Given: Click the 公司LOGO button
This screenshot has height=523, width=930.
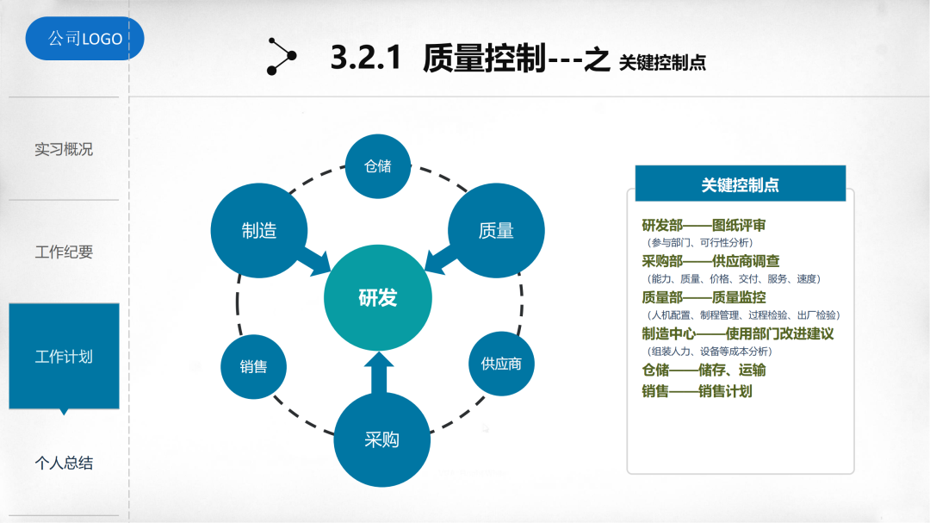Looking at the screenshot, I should click(x=84, y=39).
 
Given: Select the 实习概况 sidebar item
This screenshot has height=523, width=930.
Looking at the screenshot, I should click(x=64, y=149).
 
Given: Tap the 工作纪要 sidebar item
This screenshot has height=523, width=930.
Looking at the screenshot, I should click(x=64, y=252).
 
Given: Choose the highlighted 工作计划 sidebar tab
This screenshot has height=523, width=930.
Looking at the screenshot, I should click(x=64, y=356).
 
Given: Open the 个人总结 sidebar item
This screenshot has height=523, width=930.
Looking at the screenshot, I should click(x=64, y=463).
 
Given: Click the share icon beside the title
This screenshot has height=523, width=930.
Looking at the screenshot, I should click(x=281, y=56).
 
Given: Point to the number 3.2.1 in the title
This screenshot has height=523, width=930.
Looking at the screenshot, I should click(x=366, y=58).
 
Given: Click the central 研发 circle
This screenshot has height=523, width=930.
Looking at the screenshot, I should click(x=378, y=298).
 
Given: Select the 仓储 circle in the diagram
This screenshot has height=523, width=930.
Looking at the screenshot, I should click(x=378, y=165).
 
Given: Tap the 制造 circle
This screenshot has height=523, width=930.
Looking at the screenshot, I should click(x=258, y=230).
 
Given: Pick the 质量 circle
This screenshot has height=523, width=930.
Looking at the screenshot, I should click(x=496, y=230).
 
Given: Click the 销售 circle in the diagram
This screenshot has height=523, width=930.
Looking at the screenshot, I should click(x=253, y=366).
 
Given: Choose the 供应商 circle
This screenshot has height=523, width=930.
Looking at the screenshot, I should click(x=501, y=363).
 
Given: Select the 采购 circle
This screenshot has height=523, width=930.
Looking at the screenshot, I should click(x=381, y=439).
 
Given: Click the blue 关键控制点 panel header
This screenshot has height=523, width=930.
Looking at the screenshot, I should click(x=741, y=184).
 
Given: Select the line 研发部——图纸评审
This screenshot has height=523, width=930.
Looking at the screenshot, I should click(x=704, y=226).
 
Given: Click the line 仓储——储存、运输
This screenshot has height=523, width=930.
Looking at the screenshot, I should click(x=704, y=370).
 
